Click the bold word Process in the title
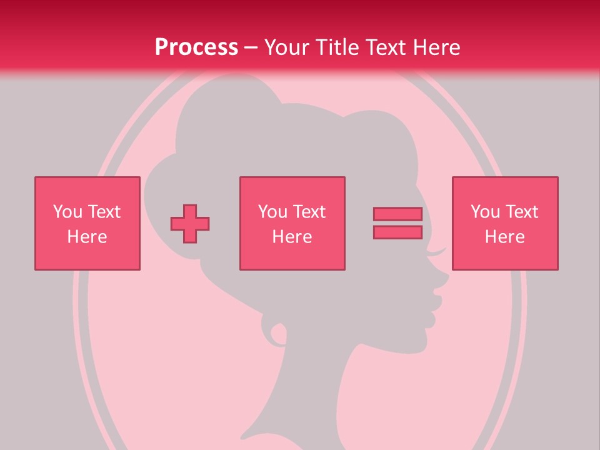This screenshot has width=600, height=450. [196, 47]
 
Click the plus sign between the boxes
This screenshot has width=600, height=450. [190, 224]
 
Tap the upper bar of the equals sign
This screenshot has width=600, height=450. [397, 214]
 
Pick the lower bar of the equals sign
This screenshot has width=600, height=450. [397, 232]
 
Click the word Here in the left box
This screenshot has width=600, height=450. [87, 237]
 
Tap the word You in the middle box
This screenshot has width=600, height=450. [272, 212]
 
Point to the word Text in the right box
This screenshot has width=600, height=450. [522, 212]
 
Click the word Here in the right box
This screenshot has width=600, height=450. [504, 237]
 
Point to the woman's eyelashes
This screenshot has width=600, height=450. [437, 252]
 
